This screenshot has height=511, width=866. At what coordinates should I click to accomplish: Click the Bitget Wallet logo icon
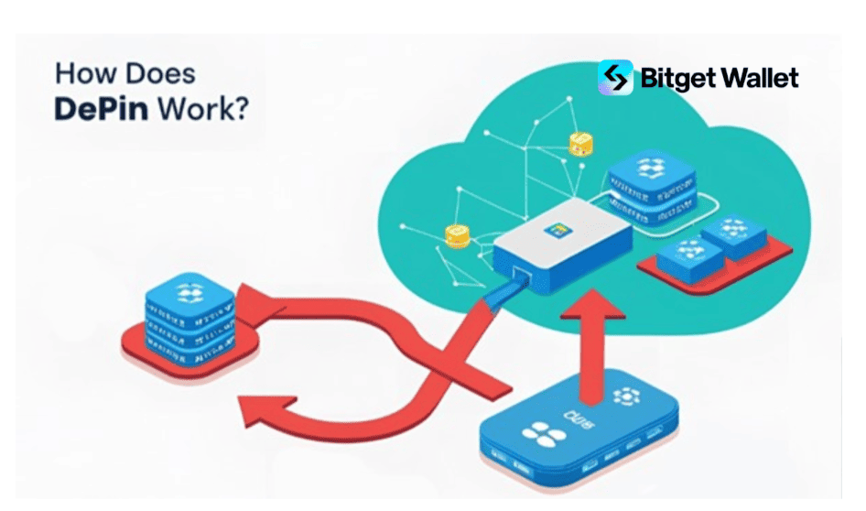615,78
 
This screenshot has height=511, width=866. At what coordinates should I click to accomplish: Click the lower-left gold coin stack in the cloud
456,235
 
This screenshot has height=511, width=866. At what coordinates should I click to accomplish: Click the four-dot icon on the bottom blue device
536,436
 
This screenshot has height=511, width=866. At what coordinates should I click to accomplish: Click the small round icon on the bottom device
625,396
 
